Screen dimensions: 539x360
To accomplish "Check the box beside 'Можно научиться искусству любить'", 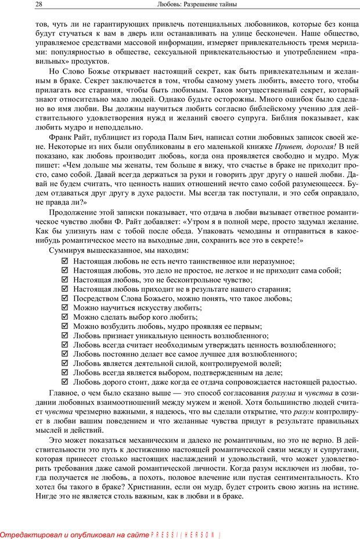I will click(x=64, y=308).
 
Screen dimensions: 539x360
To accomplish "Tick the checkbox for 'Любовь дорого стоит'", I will click(x=64, y=382).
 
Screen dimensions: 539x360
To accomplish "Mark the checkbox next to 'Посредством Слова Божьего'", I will click(x=64, y=299).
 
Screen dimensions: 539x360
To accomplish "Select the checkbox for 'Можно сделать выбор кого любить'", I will click(x=64, y=317).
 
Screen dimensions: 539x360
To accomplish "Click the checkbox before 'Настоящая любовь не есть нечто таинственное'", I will click(x=64, y=262).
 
